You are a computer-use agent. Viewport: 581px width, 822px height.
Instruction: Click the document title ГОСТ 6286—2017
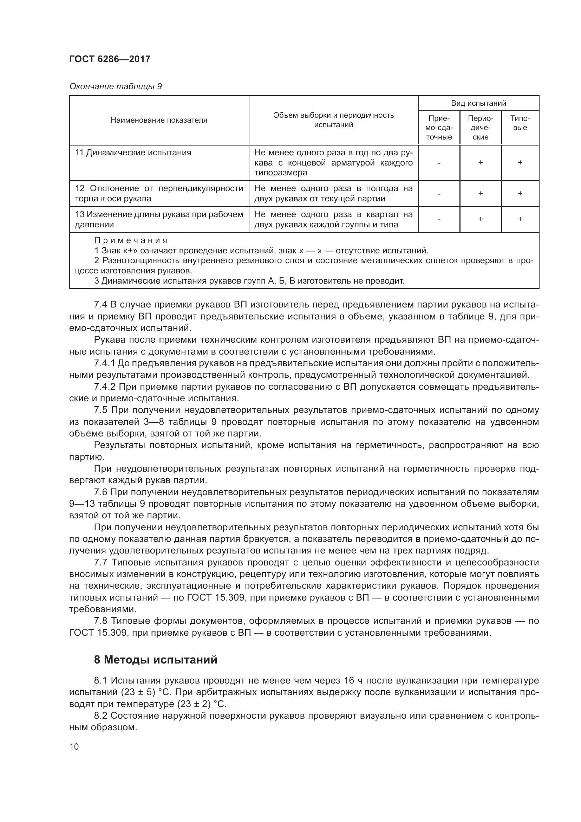click(x=110, y=59)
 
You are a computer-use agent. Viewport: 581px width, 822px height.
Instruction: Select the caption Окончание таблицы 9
click(x=115, y=87)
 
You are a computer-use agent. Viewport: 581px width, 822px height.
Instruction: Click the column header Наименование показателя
click(x=159, y=120)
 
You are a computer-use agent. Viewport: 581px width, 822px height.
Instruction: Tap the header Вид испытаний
click(x=478, y=103)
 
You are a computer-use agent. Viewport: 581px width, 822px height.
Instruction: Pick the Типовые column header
click(x=520, y=123)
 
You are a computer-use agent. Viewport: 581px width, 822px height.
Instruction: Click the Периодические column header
click(x=480, y=128)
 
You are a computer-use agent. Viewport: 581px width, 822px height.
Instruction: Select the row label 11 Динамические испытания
click(x=133, y=153)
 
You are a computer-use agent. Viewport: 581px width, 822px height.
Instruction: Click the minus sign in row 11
click(x=439, y=163)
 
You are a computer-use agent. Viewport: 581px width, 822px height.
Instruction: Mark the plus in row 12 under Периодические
click(x=480, y=194)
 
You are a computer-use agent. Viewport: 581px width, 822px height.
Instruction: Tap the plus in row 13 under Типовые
click(x=520, y=219)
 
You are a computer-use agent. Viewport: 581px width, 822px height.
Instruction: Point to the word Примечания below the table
click(x=131, y=240)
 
